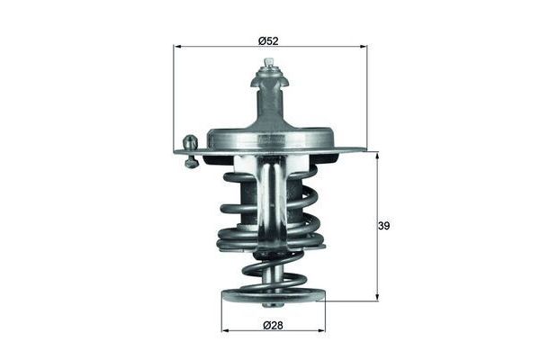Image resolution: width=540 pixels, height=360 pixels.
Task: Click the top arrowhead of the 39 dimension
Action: click(377, 156)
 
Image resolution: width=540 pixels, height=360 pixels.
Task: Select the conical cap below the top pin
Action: click(268, 86)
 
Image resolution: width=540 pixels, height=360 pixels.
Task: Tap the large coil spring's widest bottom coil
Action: click(270, 241)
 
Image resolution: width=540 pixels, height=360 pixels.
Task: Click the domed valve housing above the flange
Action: click(270, 135)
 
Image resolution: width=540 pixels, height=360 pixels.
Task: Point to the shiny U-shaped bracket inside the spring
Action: click(270, 198)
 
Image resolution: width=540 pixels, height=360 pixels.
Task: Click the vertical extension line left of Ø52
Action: click(174, 99)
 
